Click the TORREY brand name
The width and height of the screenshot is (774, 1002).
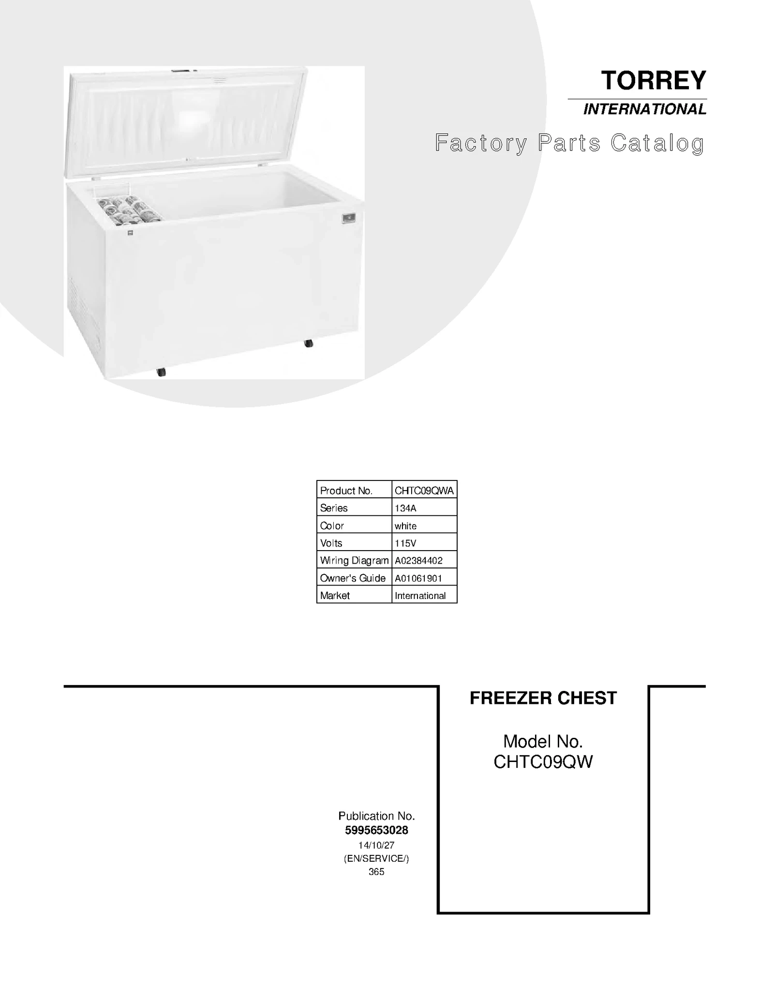tap(653, 80)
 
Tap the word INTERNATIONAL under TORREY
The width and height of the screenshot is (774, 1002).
tap(644, 109)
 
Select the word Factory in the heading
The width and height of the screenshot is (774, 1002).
tap(481, 143)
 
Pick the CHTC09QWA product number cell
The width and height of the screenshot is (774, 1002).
tap(424, 491)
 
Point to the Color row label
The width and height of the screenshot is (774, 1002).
tap(332, 525)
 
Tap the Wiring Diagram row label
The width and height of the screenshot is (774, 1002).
tap(354, 560)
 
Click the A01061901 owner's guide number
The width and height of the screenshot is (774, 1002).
tap(418, 578)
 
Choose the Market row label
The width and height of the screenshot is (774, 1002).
tap(335, 595)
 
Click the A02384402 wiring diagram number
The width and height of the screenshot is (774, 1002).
tap(418, 560)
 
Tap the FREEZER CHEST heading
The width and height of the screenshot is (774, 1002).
tap(543, 698)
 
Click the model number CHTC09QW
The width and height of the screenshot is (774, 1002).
tap(543, 762)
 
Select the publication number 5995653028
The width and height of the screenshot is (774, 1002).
tap(376, 830)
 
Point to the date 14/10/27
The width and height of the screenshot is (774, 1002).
tap(376, 845)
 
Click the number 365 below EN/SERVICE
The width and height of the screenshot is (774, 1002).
tap(376, 871)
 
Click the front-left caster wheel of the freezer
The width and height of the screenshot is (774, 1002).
tap(161, 372)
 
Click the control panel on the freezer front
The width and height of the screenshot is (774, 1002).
tap(348, 218)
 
